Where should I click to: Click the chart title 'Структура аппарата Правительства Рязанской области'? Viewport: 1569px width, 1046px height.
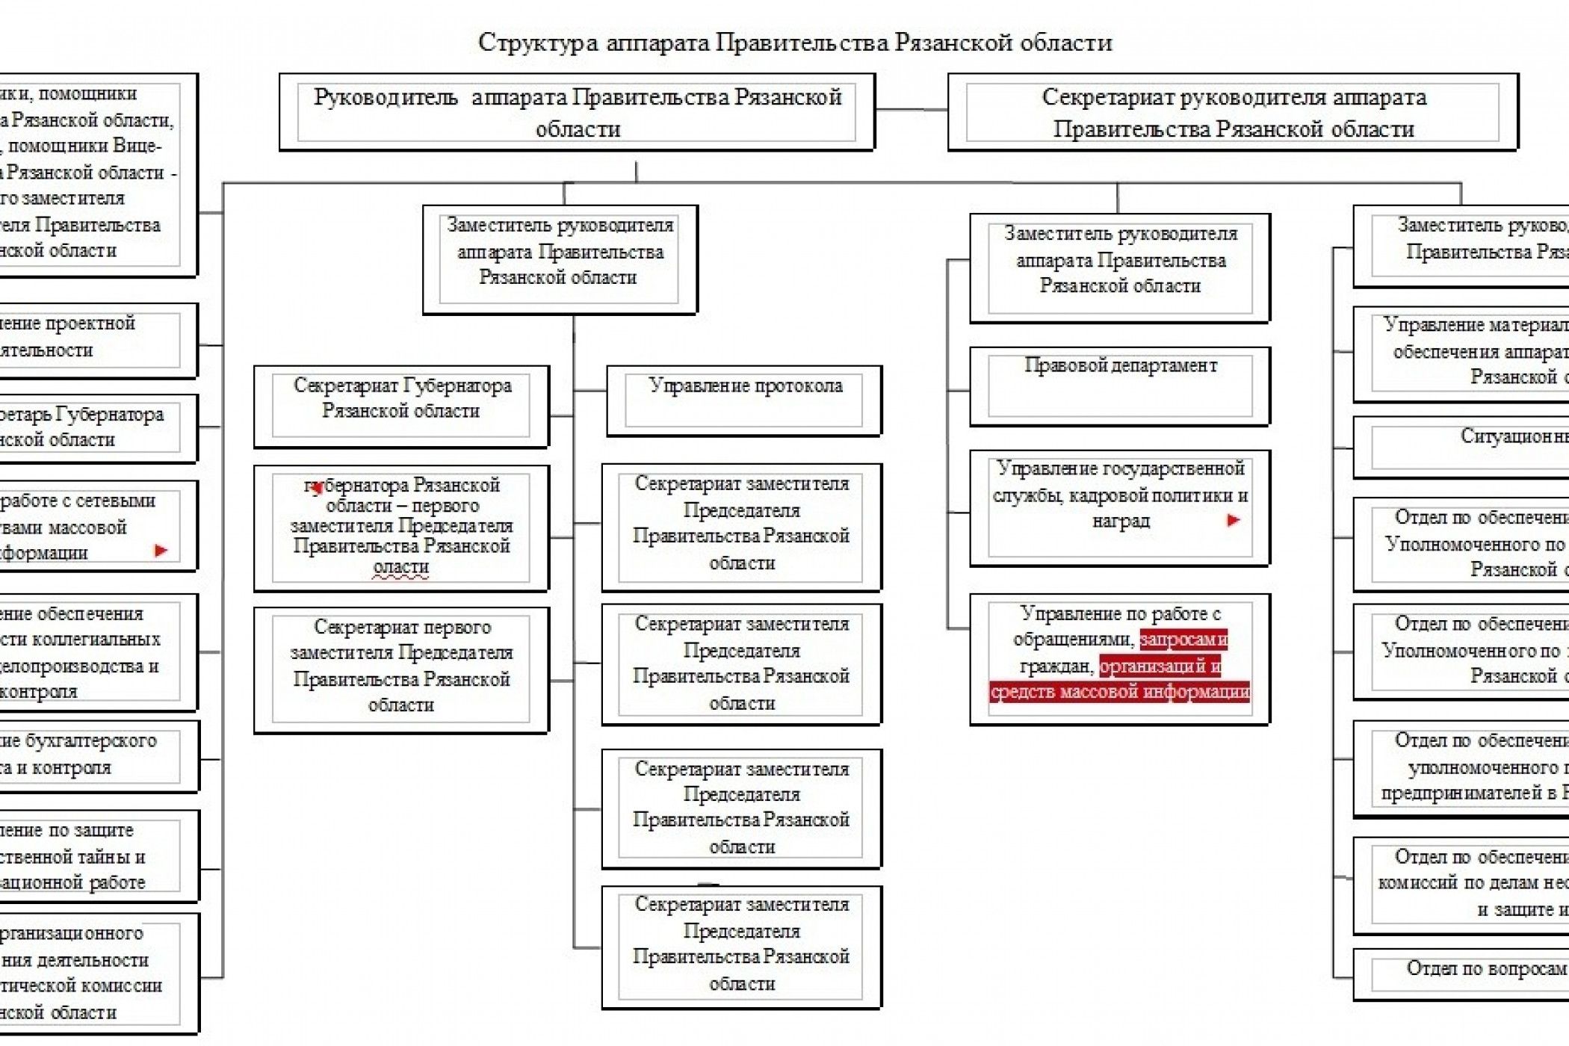795,42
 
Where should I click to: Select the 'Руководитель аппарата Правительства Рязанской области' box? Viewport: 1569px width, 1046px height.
577,112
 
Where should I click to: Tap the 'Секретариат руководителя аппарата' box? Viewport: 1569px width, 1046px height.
1233,112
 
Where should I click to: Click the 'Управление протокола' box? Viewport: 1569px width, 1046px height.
744,400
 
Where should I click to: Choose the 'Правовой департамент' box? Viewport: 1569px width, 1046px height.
1119,386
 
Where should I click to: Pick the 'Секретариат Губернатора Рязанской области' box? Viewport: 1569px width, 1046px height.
401,406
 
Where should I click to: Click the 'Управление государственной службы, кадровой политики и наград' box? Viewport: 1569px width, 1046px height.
1119,508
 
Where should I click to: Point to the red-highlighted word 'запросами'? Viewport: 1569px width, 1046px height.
1183,640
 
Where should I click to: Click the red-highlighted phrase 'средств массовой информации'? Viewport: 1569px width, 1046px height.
1119,692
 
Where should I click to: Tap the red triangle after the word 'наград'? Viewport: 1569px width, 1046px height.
1233,520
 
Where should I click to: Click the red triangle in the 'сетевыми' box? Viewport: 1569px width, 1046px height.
161,551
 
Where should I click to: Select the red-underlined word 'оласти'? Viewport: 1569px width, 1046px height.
401,568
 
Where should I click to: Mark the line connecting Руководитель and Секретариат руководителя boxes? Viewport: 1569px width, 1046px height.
912,111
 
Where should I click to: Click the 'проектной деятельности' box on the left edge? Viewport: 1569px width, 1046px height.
90,340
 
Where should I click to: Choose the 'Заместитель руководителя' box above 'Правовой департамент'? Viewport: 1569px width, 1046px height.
1119,267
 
